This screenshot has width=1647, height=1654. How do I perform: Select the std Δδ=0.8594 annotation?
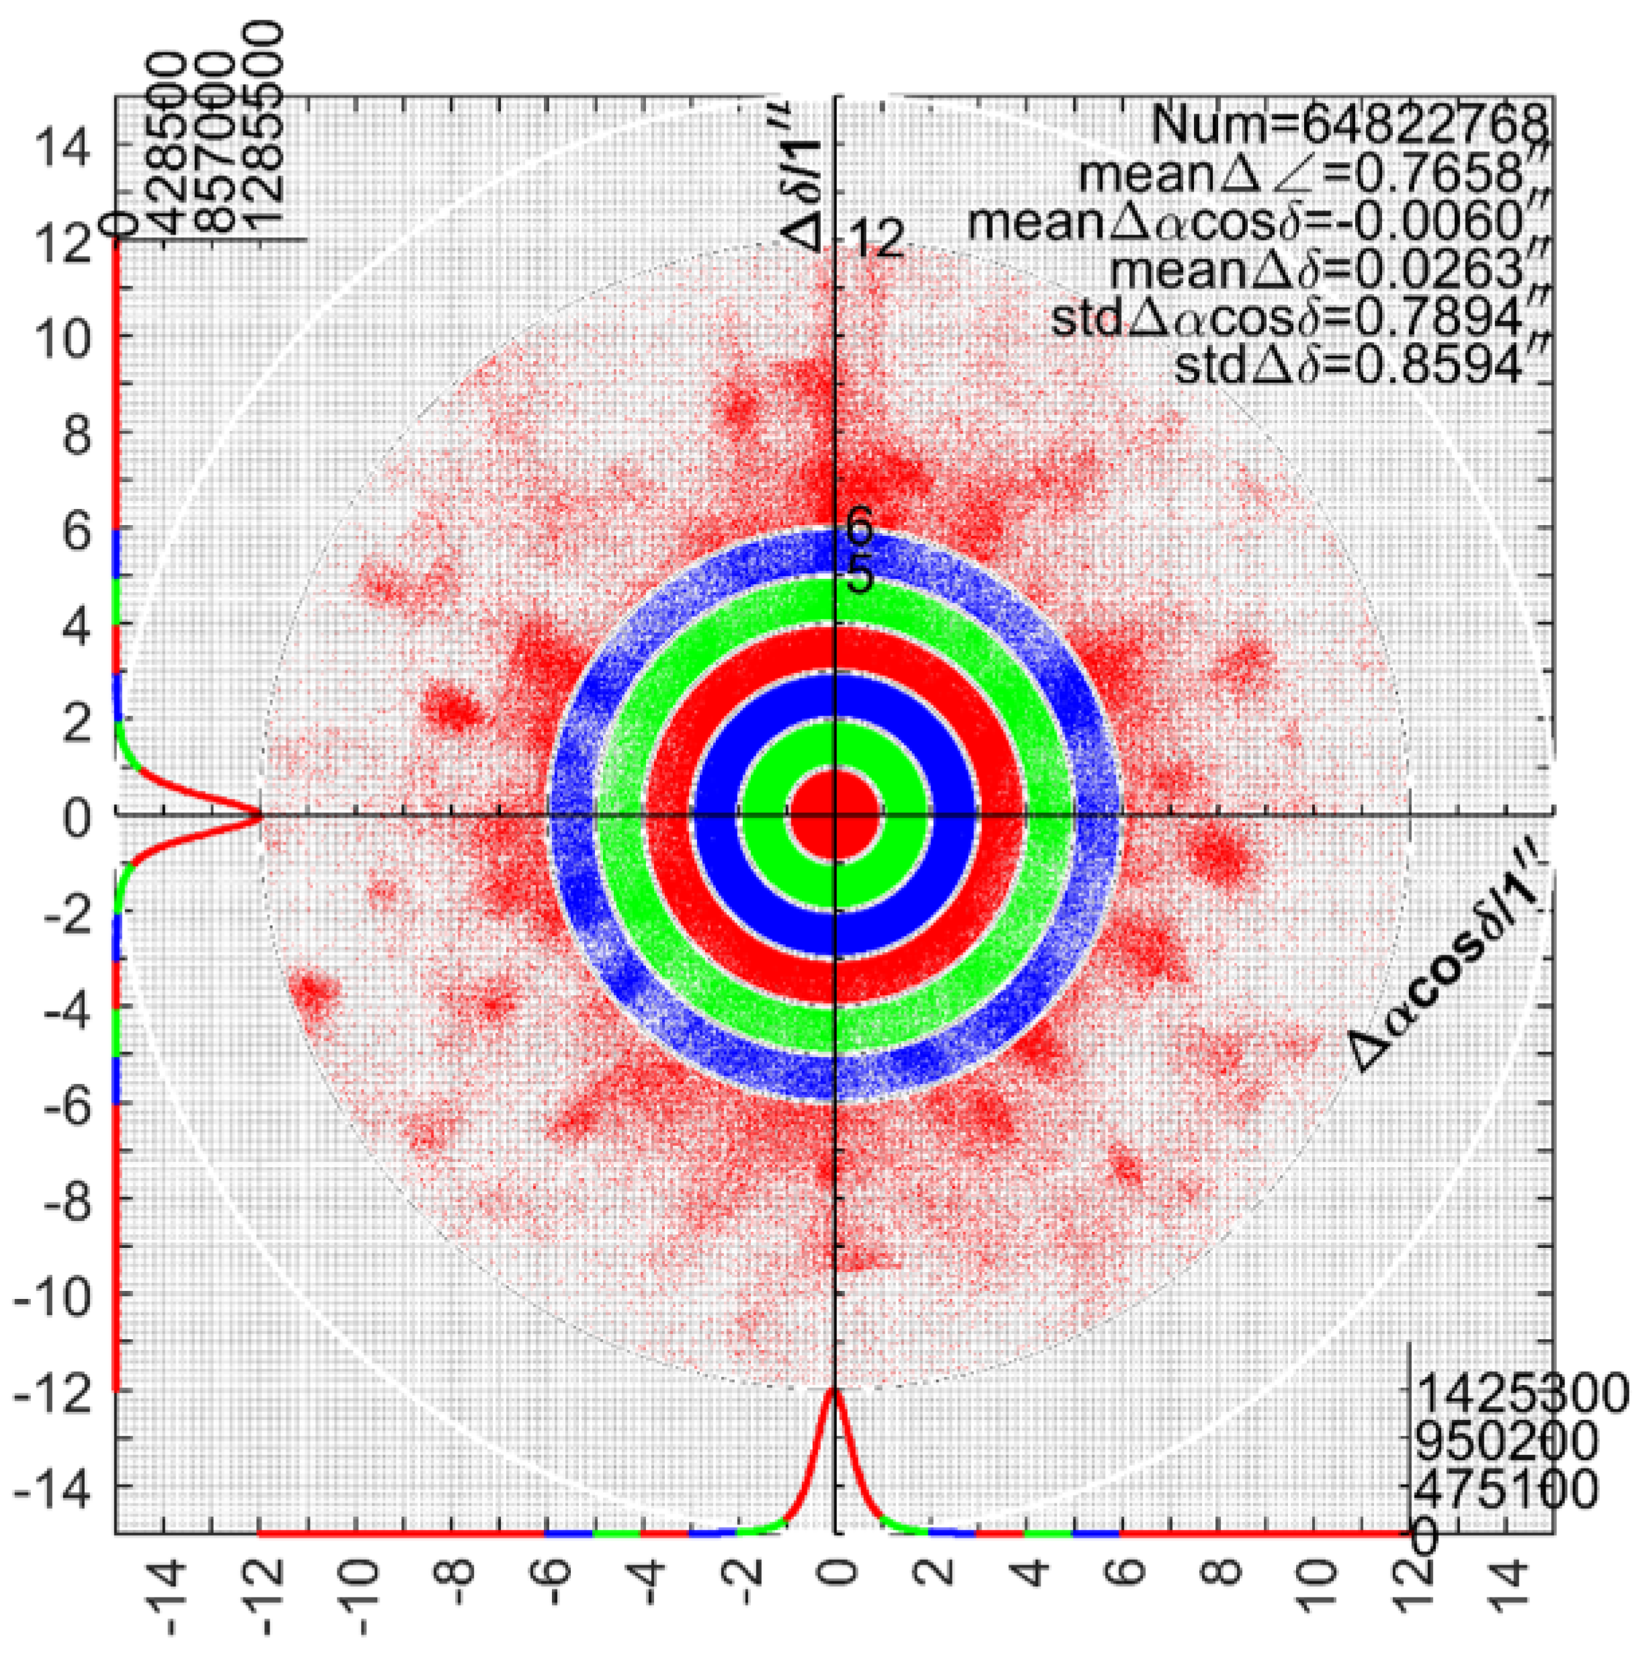pos(1361,367)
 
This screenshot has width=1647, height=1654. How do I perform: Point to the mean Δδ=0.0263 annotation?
pos(1330,270)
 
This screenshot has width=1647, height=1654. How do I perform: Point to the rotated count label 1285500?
pos(263,128)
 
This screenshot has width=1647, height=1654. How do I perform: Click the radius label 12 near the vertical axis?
pos(875,241)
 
